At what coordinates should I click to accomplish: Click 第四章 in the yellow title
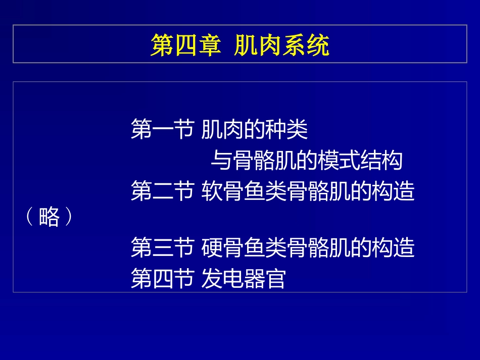(x=185, y=46)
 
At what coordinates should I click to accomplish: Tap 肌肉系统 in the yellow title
(x=281, y=46)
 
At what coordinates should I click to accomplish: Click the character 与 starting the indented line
(x=220, y=161)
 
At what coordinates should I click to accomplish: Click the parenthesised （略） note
(x=49, y=218)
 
